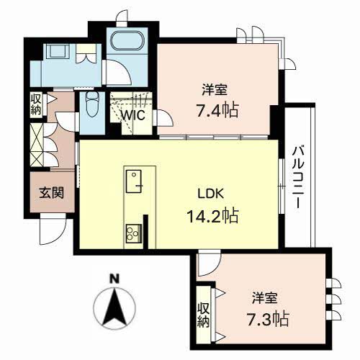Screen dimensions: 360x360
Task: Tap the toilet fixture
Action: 93,104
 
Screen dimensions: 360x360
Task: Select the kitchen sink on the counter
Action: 133,181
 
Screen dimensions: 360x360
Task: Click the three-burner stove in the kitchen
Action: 133,233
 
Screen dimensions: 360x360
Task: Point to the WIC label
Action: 132,115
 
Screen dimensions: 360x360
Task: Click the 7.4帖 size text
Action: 217,110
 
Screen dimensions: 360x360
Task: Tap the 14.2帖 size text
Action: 212,216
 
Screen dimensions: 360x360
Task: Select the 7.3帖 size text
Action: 268,319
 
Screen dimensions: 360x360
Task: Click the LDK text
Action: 211,194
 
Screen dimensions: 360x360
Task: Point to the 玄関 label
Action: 52,192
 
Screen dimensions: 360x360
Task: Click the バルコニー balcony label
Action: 298,177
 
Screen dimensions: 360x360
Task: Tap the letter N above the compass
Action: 114,279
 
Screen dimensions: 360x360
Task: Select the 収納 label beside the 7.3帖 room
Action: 203,315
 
